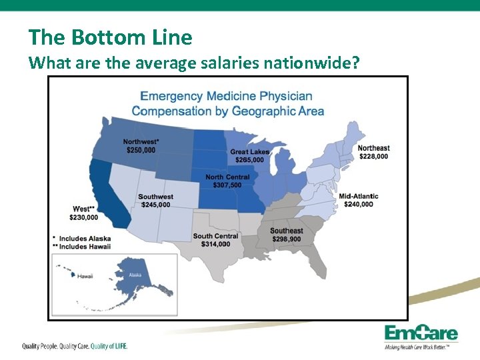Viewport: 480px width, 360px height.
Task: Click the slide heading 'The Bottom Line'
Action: (x=110, y=37)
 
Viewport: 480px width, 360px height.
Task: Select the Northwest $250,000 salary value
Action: (x=141, y=150)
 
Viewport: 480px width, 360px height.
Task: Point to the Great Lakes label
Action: (x=250, y=152)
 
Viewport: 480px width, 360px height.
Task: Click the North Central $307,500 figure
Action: (x=227, y=185)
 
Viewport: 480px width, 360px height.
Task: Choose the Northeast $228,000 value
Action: (x=373, y=157)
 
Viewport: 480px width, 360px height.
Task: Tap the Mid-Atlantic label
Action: (x=359, y=196)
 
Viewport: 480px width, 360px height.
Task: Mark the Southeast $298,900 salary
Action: (x=286, y=239)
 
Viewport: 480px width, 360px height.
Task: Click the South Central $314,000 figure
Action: (x=215, y=244)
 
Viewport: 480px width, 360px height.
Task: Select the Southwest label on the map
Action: (x=155, y=197)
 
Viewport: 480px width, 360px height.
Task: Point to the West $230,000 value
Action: (x=83, y=217)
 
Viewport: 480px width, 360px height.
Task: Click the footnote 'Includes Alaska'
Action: (x=85, y=238)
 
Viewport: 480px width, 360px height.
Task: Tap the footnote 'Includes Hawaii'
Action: (x=85, y=247)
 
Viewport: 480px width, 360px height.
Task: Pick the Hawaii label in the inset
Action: (x=85, y=276)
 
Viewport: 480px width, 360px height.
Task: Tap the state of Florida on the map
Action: (x=317, y=263)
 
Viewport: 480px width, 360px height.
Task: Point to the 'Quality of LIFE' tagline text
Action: (x=109, y=346)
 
